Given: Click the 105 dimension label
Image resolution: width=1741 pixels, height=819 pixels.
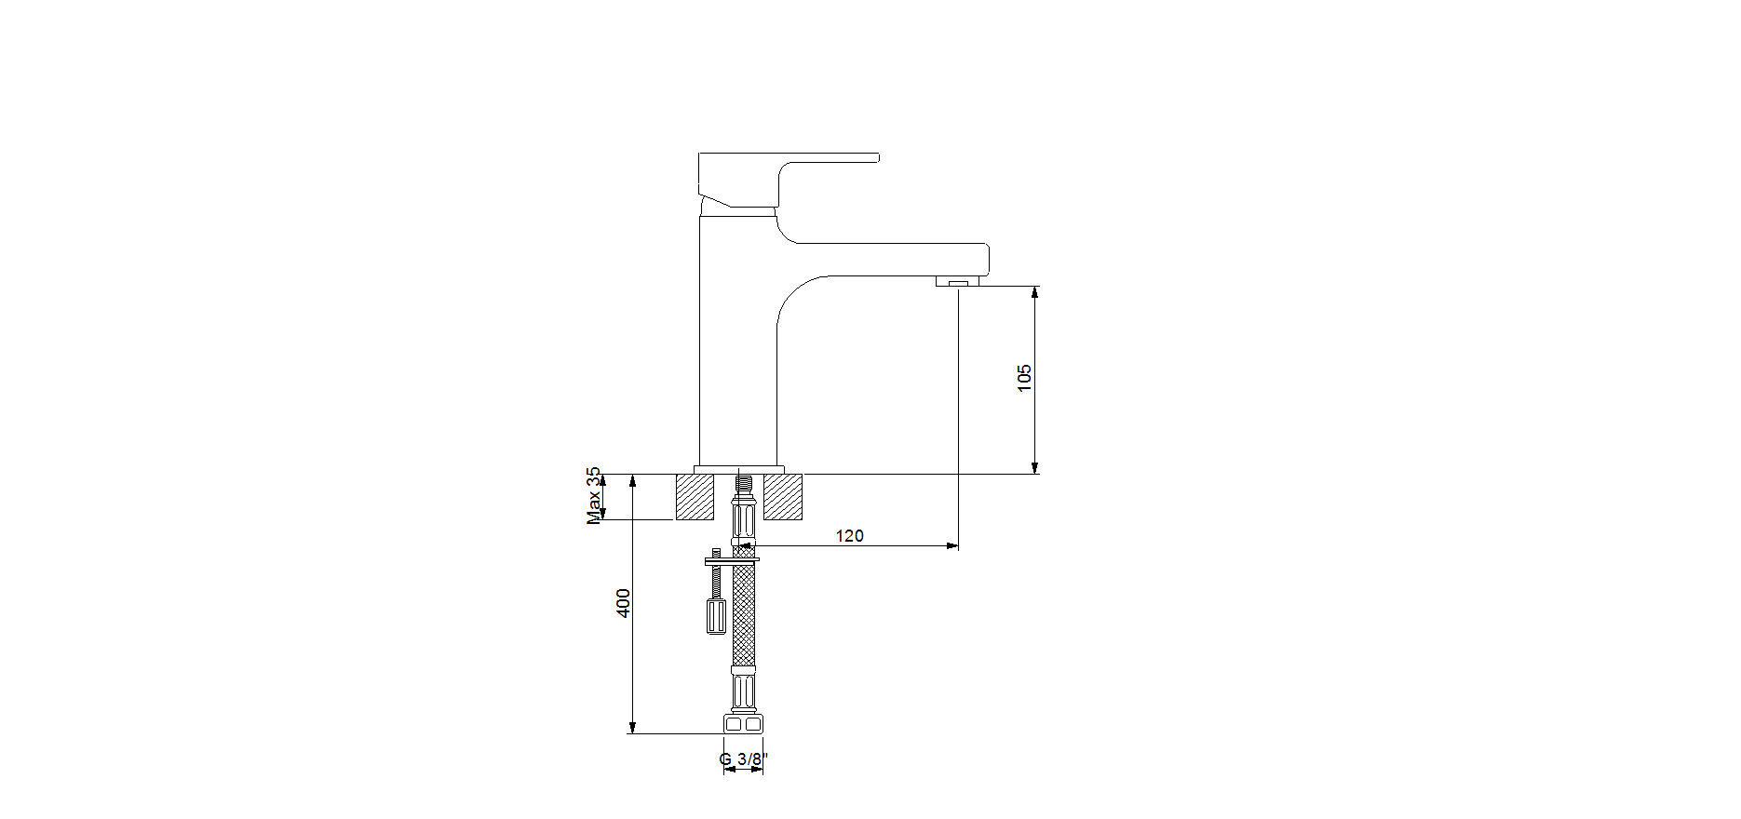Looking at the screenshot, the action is pyautogui.click(x=1025, y=378).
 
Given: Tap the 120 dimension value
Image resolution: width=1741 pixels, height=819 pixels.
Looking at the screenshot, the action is pyautogui.click(x=849, y=536).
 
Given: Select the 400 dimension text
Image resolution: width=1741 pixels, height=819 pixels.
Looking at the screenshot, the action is pyautogui.click(x=624, y=602).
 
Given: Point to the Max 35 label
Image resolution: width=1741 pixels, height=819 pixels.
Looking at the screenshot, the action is pyautogui.click(x=594, y=496).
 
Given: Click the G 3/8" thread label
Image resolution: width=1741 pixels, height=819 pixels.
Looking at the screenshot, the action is pyautogui.click(x=744, y=760).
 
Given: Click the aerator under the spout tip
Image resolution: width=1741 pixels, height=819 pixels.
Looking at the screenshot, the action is pyautogui.click(x=958, y=281).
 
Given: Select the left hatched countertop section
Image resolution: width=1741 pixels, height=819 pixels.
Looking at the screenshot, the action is pyautogui.click(x=695, y=497).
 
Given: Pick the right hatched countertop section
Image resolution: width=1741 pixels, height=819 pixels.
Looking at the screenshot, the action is pyautogui.click(x=783, y=497).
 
